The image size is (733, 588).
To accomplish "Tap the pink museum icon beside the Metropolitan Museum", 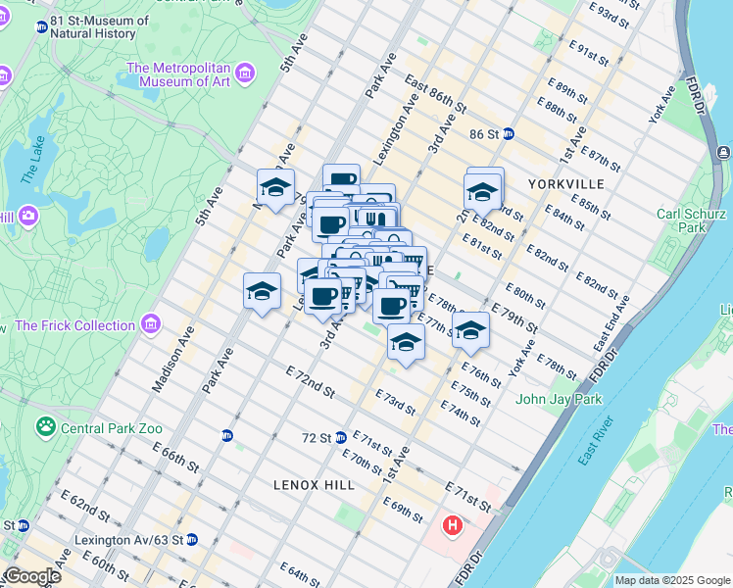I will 244,73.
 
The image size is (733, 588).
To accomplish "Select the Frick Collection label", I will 75,325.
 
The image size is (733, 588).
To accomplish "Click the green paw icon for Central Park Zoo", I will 45,426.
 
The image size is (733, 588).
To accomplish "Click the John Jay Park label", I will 559,399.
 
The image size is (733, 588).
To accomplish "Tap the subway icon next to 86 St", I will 509,133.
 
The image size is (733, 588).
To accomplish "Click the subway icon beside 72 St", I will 341,437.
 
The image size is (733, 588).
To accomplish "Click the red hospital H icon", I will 452,526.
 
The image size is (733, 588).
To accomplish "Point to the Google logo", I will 31,575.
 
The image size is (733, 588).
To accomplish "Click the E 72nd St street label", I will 310,381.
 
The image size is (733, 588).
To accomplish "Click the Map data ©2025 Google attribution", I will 671,580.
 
